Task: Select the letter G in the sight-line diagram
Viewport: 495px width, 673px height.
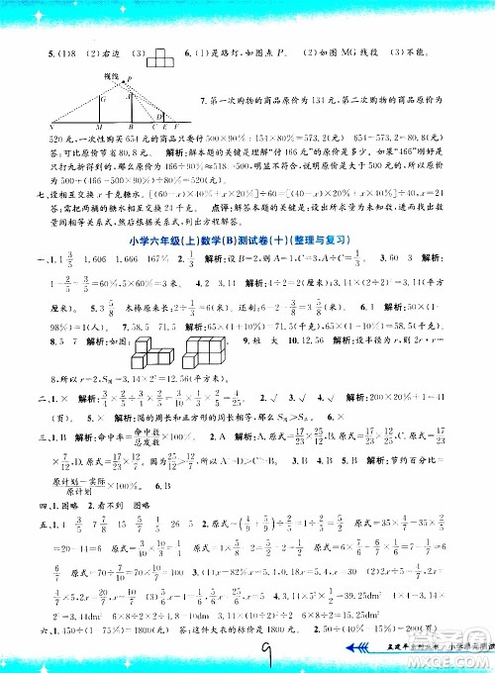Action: [x=101, y=99]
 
